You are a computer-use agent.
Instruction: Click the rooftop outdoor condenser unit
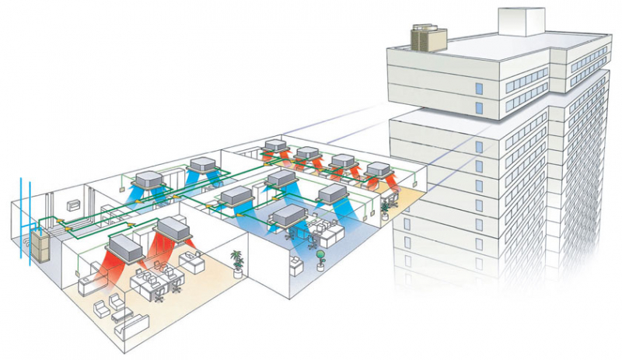pyautogui.click(x=428, y=37)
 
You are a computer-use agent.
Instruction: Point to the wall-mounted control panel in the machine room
pyautogui.click(x=75, y=204)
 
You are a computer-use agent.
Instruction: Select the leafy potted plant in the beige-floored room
pyautogui.click(x=237, y=260)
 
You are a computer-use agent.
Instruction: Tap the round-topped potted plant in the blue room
pyautogui.click(x=320, y=260)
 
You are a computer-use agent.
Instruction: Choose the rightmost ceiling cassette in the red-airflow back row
pyautogui.click(x=377, y=169)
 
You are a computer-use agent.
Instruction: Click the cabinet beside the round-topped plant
pyautogui.click(x=299, y=264)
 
